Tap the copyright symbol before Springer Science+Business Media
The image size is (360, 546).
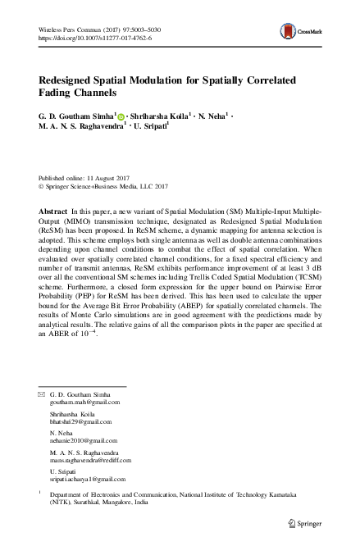42,186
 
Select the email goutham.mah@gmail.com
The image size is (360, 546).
85,403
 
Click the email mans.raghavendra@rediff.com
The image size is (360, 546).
95,462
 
